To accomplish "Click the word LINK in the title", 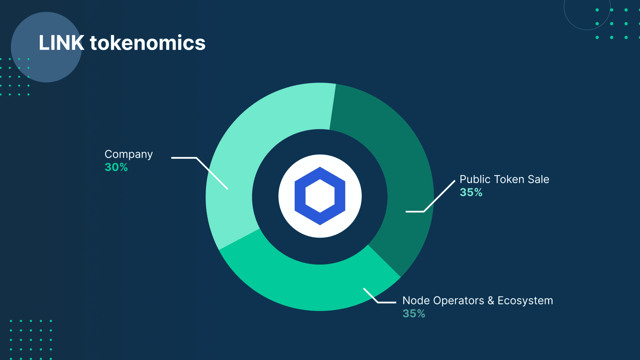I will [x=61, y=43].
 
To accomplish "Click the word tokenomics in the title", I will [x=147, y=43].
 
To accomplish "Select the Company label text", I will [x=128, y=154].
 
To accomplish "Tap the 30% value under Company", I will [x=116, y=167].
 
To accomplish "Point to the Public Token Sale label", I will [x=504, y=179].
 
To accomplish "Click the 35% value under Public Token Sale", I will [x=471, y=192].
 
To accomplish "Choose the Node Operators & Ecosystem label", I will [x=477, y=301].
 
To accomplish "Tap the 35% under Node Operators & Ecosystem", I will [x=414, y=313].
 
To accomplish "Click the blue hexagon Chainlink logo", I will [x=320, y=196].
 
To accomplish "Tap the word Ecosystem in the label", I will [x=525, y=301].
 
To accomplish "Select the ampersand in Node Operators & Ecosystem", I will [x=491, y=301].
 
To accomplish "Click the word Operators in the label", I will [x=459, y=301].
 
